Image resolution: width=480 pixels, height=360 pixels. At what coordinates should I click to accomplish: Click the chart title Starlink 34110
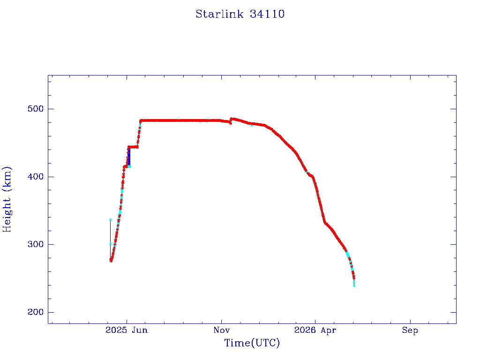240,14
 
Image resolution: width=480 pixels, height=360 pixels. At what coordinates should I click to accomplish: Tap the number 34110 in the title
267,14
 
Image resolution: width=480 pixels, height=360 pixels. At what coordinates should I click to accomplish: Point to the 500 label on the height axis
36,109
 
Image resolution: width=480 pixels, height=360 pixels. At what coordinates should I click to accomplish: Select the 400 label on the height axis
36,177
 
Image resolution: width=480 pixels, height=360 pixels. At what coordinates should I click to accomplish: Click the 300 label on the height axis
36,245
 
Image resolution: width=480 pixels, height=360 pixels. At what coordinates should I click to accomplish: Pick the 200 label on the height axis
36,312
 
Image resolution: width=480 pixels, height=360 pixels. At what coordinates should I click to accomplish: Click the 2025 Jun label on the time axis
127,330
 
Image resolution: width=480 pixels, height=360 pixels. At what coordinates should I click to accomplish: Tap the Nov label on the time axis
221,330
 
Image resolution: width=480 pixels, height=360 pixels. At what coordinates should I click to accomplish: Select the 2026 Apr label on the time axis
315,330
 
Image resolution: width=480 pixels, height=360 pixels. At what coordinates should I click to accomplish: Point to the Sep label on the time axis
410,330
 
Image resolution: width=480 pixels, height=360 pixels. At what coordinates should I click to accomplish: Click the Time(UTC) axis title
252,343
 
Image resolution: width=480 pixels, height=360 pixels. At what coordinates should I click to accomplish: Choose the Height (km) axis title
7,199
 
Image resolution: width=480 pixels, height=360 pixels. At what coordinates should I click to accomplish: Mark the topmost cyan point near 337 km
111,219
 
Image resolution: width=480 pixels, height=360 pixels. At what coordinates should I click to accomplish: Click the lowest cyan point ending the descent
354,286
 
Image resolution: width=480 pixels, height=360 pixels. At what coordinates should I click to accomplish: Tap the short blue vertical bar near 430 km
129,157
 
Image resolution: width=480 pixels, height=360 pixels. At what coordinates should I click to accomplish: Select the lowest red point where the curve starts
111,261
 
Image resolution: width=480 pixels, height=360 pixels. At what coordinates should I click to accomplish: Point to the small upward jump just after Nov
231,121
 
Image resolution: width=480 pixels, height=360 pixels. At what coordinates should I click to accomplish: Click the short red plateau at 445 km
133,147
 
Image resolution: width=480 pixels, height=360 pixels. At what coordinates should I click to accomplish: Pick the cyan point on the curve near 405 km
307,172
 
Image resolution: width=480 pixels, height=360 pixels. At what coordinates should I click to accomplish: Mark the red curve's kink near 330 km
325,223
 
